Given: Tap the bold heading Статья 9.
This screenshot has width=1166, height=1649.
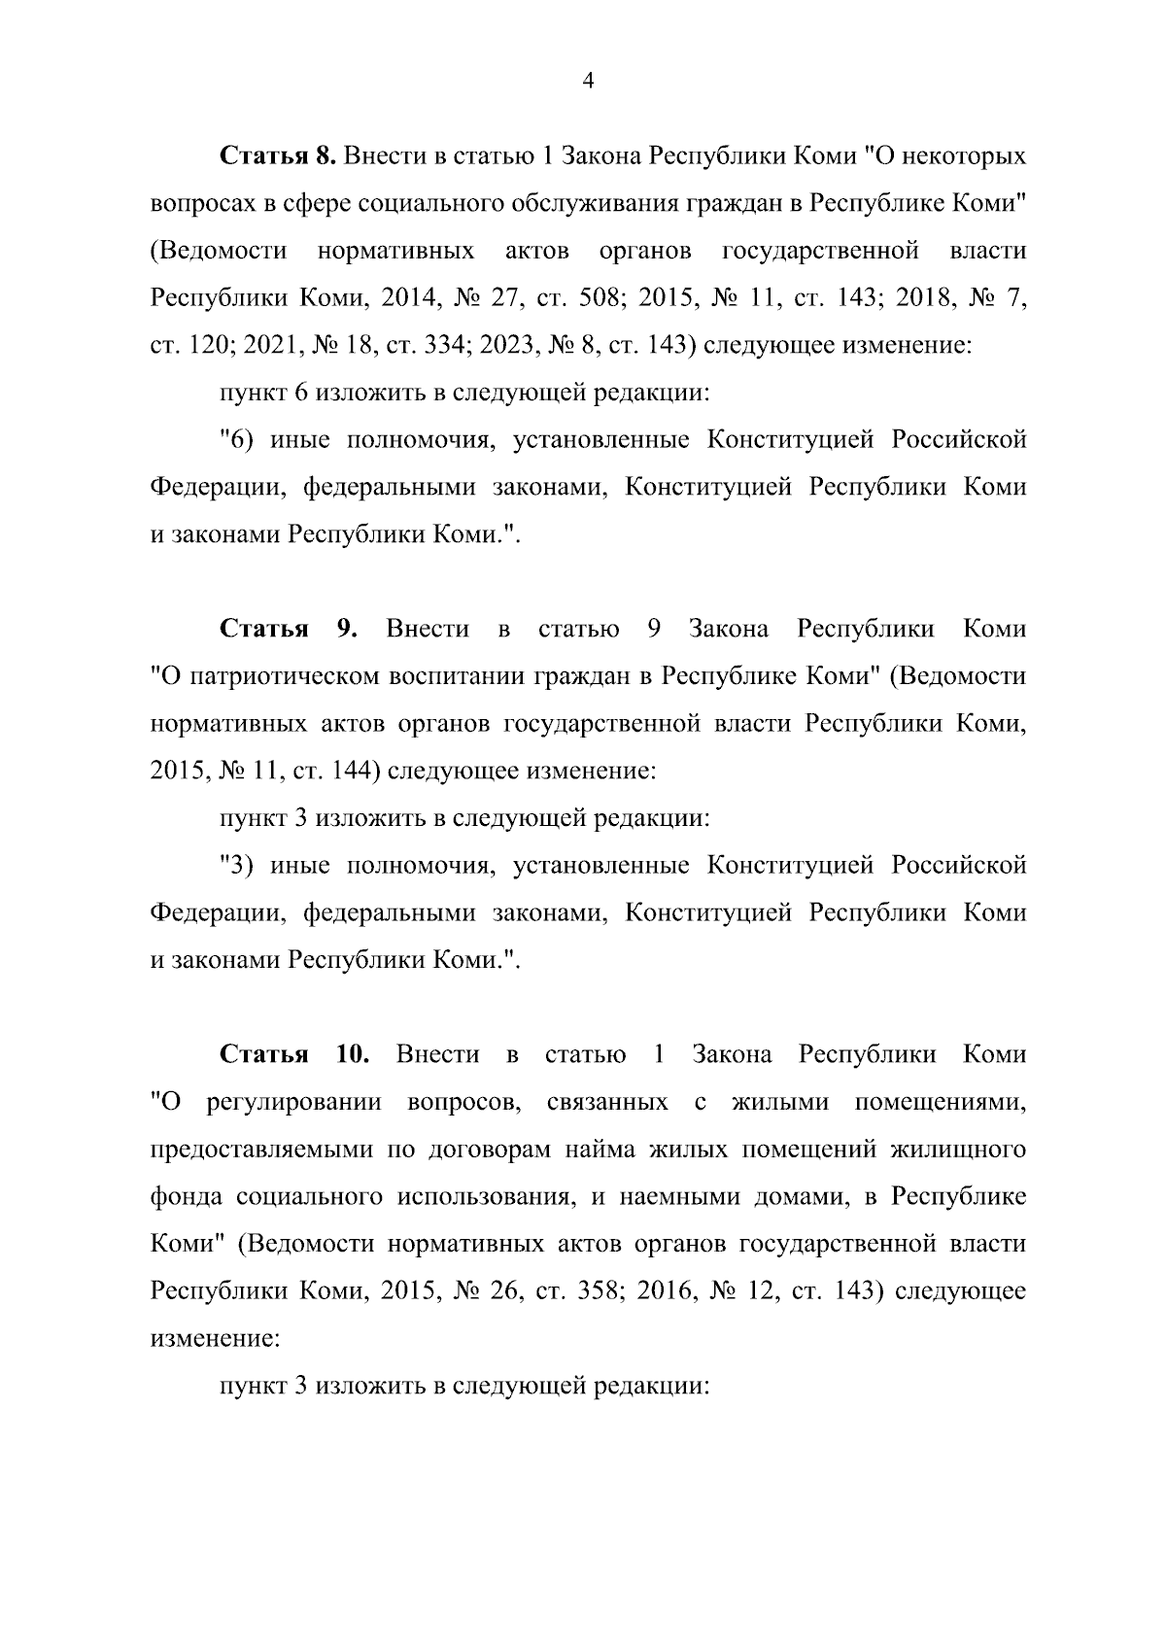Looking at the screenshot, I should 290,629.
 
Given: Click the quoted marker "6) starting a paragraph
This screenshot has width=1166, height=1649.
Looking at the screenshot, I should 237,440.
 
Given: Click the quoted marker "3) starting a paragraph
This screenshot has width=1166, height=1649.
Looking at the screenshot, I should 237,866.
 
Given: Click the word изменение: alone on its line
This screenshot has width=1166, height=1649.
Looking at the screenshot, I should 215,1339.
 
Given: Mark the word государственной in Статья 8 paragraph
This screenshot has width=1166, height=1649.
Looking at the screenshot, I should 821,251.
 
